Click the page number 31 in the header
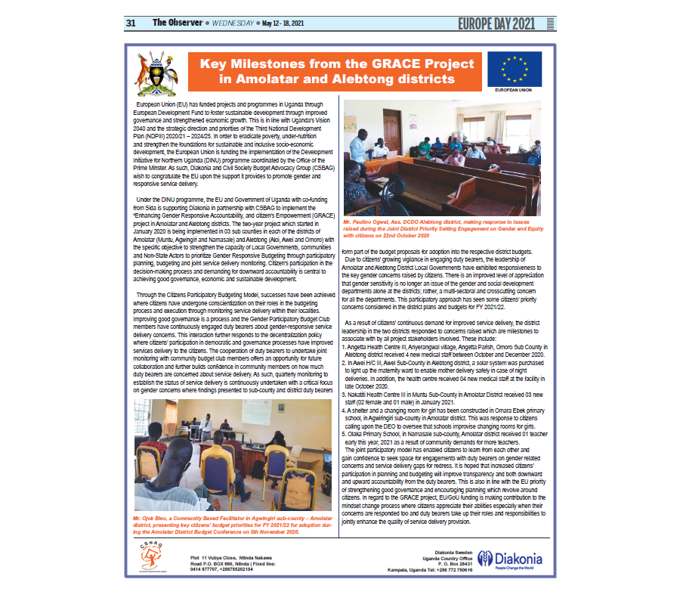tap(130, 23)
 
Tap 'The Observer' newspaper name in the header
tap(176, 23)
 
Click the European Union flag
tap(515, 68)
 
